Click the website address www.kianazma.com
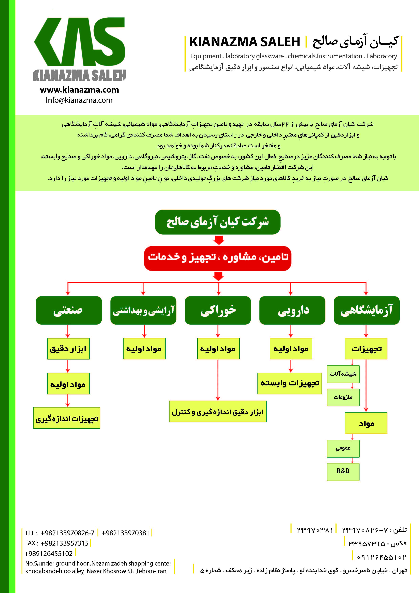[79, 90]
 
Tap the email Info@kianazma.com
[79, 100]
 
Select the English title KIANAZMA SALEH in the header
[245, 42]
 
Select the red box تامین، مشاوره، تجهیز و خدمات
[217, 258]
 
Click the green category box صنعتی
[69, 310]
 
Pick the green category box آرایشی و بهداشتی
[143, 310]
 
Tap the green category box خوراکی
[218, 310]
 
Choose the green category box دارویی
[292, 310]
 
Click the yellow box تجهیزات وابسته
[289, 383]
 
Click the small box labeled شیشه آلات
[343, 374]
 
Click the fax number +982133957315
[64, 543]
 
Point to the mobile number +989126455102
[48, 553]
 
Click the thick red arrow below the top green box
[219, 240]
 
